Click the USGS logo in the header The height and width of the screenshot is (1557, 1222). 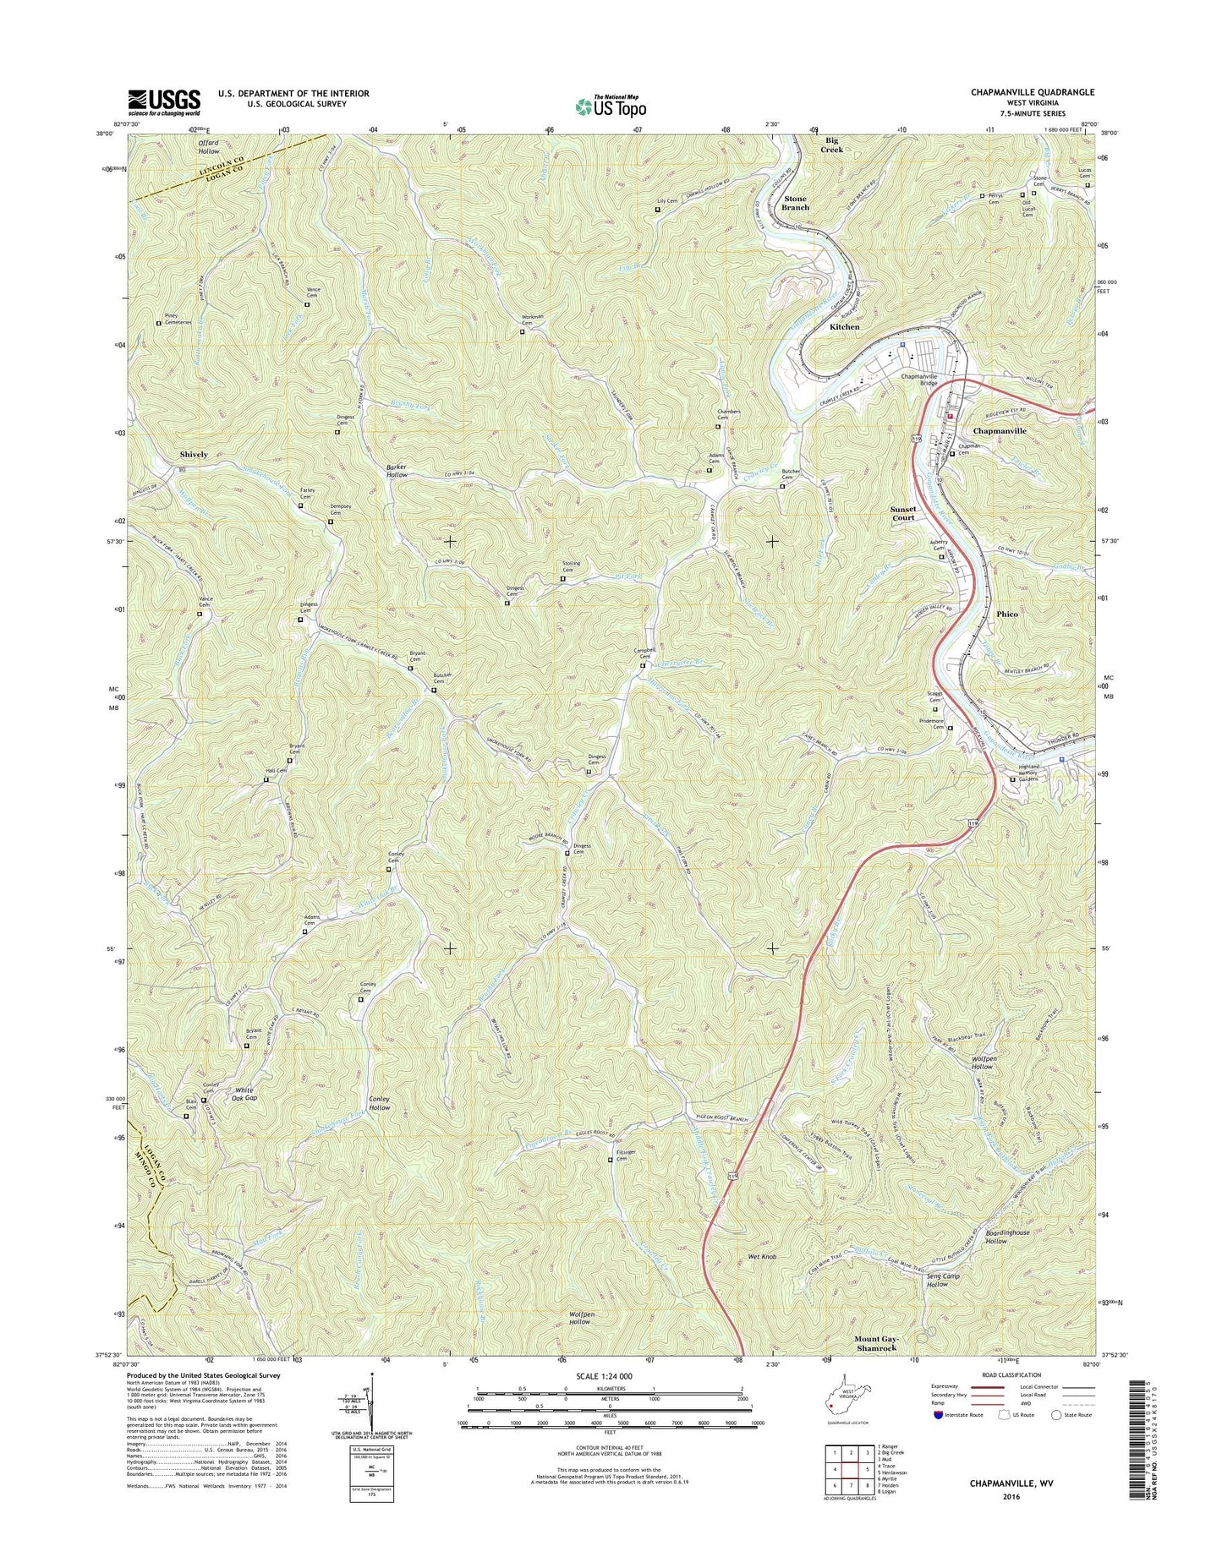(164, 101)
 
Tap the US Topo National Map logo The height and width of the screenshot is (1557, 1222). (611, 106)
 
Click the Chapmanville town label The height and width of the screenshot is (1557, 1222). (1000, 430)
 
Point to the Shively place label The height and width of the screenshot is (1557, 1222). (193, 454)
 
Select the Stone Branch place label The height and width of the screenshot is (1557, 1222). (795, 202)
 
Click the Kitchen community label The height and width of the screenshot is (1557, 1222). (844, 326)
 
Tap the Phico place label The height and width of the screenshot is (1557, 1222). (1006, 614)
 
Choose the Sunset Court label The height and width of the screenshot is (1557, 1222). (902, 513)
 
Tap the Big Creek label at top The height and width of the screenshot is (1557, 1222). (831, 145)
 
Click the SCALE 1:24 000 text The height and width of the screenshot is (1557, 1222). (602, 1376)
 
